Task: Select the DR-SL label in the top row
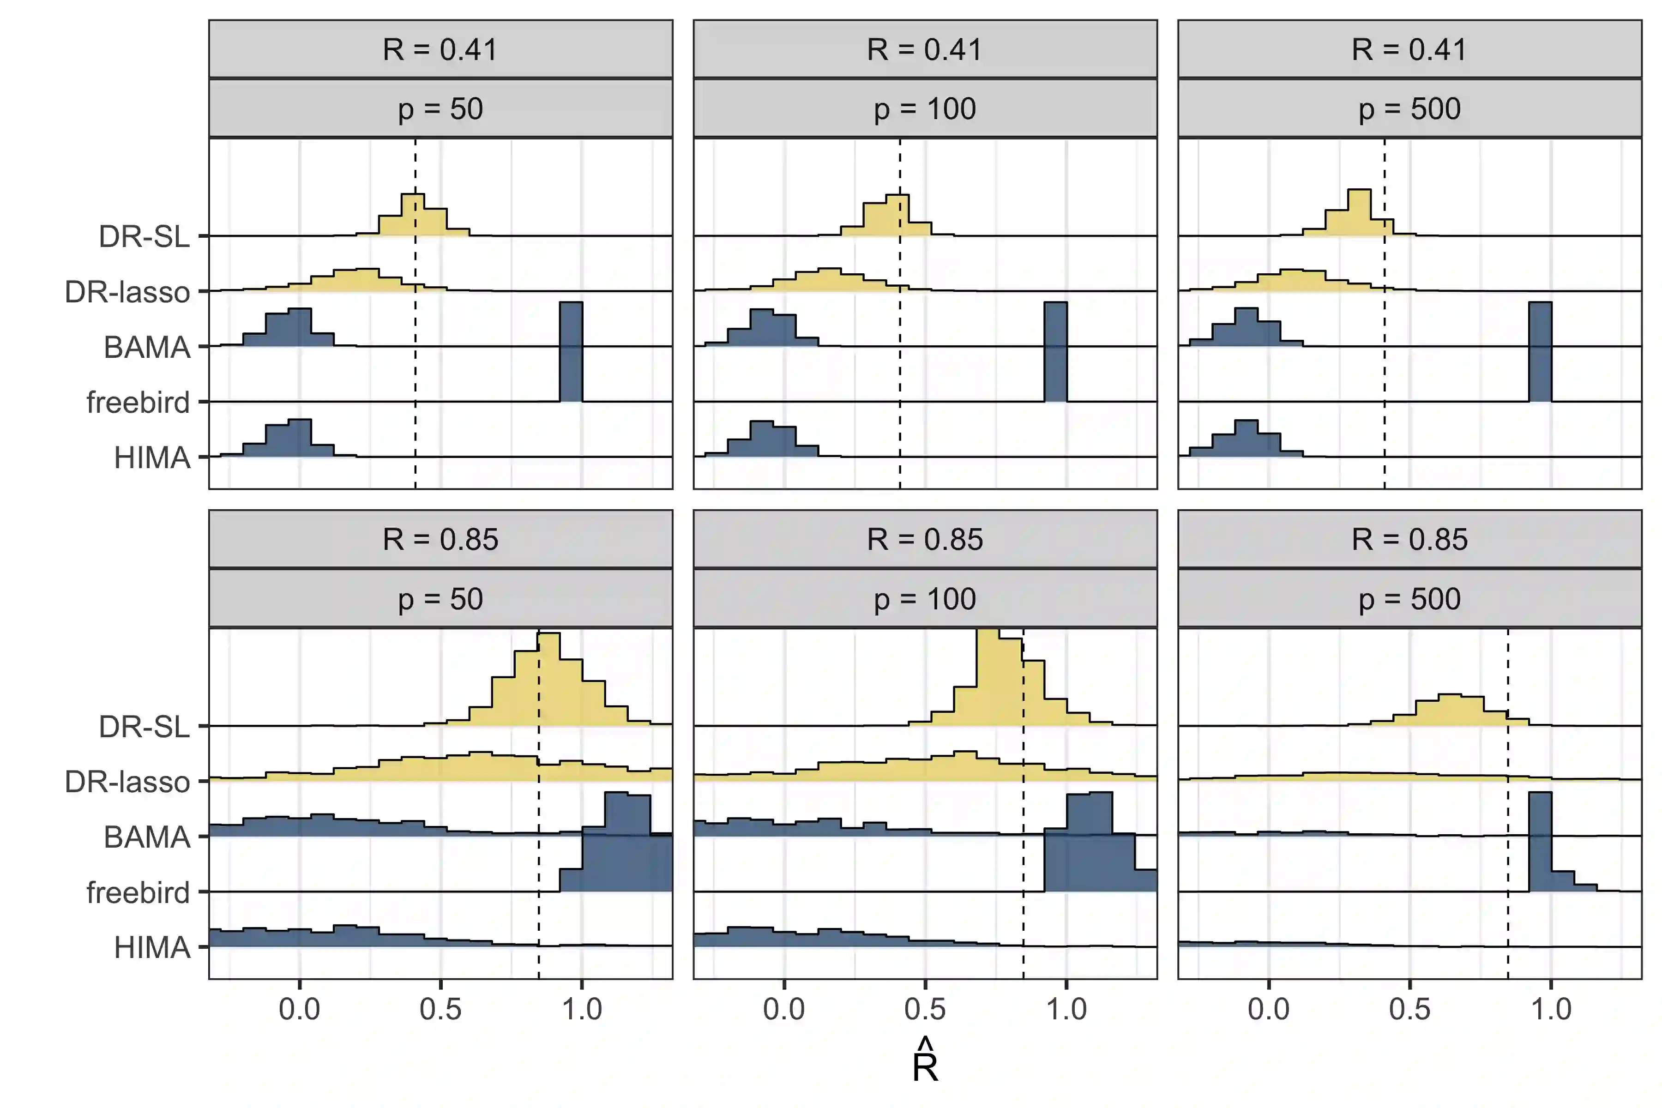[x=144, y=236]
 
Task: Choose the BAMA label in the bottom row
[x=147, y=837]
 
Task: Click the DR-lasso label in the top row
[x=127, y=292]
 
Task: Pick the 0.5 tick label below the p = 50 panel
[x=440, y=1009]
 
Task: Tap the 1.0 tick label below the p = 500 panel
[x=1551, y=1009]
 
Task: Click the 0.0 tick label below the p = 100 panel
[x=783, y=1009]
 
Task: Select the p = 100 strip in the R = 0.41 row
[x=925, y=109]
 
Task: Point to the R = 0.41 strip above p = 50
[x=440, y=49]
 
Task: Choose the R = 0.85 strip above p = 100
[x=925, y=540]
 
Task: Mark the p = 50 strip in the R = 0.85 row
[x=440, y=599]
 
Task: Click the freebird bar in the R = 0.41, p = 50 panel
[x=571, y=352]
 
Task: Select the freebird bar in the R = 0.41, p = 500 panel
[x=1541, y=352]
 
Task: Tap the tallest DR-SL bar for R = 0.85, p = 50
[x=549, y=678]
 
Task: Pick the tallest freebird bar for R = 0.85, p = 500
[x=1541, y=841]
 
